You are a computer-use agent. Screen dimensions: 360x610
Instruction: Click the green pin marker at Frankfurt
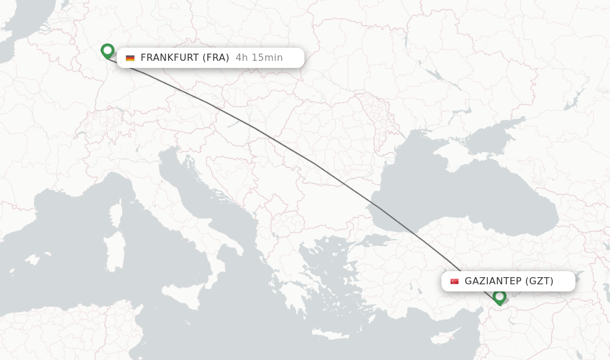107,51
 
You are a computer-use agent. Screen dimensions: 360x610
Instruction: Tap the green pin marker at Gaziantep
499,296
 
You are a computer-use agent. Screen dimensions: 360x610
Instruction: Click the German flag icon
130,58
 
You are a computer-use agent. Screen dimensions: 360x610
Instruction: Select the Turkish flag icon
455,281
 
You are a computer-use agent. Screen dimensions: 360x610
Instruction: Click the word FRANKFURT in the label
170,58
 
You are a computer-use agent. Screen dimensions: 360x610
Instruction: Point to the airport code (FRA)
216,58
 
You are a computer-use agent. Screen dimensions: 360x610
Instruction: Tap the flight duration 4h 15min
259,58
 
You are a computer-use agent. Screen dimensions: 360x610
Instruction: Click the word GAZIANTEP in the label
493,281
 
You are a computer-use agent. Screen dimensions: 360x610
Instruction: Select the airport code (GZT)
540,281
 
